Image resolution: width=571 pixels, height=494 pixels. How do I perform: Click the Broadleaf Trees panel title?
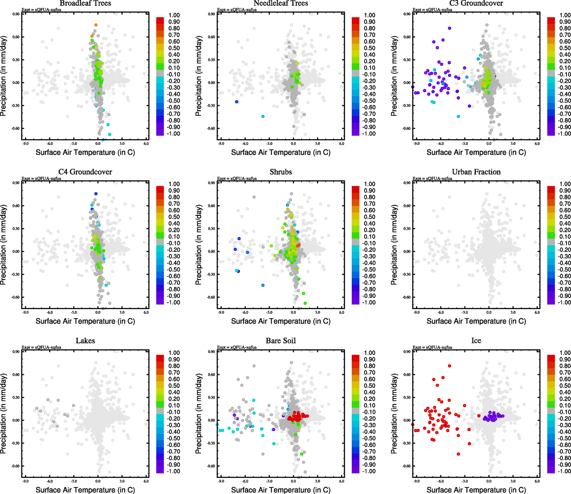(x=85, y=3)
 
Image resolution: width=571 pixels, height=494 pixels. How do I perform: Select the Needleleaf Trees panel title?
(x=281, y=3)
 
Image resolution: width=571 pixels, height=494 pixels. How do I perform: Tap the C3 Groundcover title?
(x=476, y=3)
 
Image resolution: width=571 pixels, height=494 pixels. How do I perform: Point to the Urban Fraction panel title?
(x=476, y=172)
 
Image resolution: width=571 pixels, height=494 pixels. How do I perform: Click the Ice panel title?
(x=476, y=341)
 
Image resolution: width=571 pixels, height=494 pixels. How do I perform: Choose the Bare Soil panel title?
(x=281, y=341)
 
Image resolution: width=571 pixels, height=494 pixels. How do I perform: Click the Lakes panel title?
(x=85, y=341)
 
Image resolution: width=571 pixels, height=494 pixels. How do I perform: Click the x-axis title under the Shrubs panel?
(x=281, y=321)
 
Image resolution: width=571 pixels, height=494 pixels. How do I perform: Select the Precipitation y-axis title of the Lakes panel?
(x=4, y=414)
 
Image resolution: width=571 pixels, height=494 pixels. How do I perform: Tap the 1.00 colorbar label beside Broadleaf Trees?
(x=174, y=15)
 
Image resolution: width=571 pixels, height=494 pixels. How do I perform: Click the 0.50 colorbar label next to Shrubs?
(x=369, y=217)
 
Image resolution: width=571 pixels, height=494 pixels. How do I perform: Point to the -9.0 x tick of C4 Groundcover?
(x=25, y=312)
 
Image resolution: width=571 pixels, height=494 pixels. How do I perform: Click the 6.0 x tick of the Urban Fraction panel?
(x=537, y=312)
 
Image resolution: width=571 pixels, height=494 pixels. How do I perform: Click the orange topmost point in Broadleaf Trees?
(x=96, y=25)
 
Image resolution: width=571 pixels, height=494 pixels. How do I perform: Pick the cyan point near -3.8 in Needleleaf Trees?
(x=263, y=117)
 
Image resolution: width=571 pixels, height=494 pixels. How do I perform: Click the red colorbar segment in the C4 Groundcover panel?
(x=160, y=189)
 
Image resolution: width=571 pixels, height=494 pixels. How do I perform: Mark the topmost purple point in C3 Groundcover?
(x=450, y=28)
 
